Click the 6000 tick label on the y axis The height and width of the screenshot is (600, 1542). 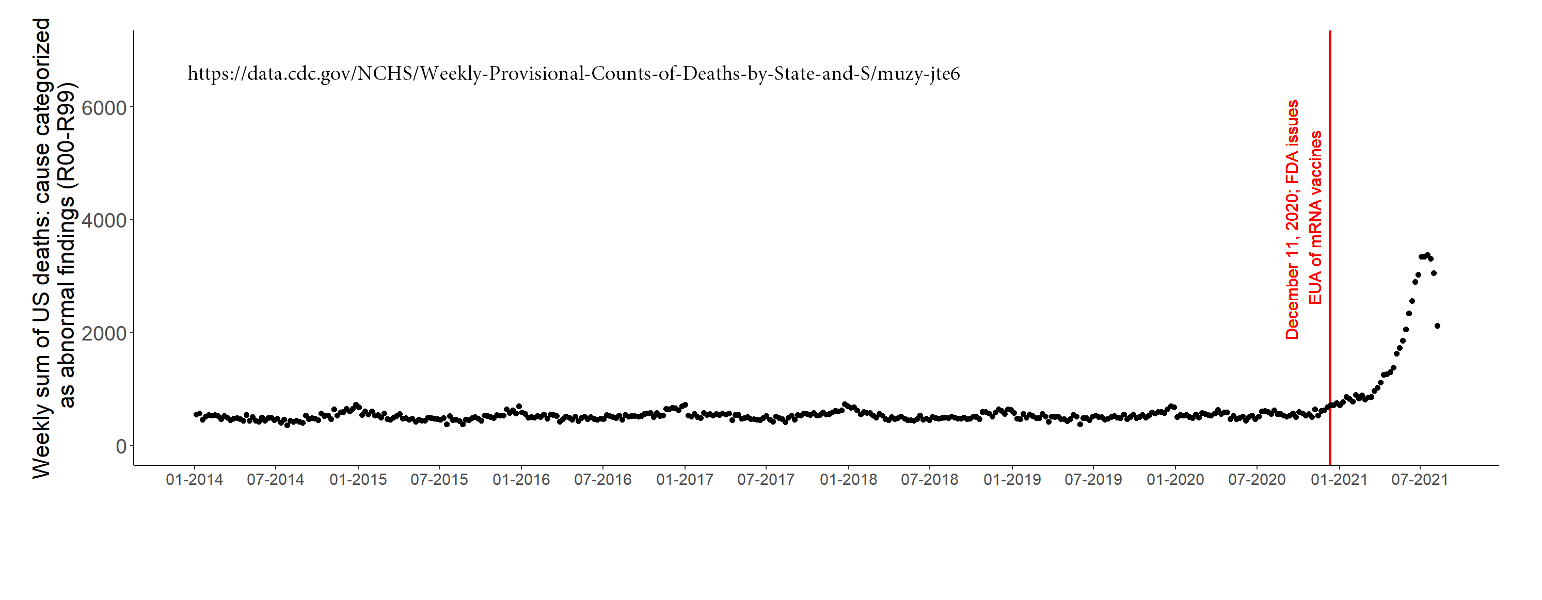(x=104, y=108)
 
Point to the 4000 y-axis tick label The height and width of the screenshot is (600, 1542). (x=104, y=221)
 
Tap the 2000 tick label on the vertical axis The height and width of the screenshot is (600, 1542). (x=104, y=334)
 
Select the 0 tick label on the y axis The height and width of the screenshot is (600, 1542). (x=121, y=446)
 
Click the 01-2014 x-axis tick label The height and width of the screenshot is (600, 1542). (x=194, y=480)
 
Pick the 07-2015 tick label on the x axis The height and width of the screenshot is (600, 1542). (x=439, y=480)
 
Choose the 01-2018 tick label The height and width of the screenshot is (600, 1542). (x=848, y=480)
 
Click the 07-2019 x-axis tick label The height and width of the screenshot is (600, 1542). (x=1093, y=480)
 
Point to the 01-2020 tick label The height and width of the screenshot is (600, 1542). (x=1175, y=480)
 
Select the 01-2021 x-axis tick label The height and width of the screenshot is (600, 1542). (x=1339, y=480)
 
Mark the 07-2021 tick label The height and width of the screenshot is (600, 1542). (x=1419, y=480)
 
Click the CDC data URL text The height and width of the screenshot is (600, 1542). (x=574, y=74)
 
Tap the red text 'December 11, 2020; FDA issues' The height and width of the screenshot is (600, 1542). (x=1292, y=220)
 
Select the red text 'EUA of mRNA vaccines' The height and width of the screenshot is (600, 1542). (x=1315, y=218)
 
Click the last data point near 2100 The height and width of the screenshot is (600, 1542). (x=1437, y=326)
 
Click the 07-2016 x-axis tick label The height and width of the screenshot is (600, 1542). (x=602, y=480)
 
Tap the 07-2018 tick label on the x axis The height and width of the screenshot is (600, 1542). (x=929, y=480)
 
